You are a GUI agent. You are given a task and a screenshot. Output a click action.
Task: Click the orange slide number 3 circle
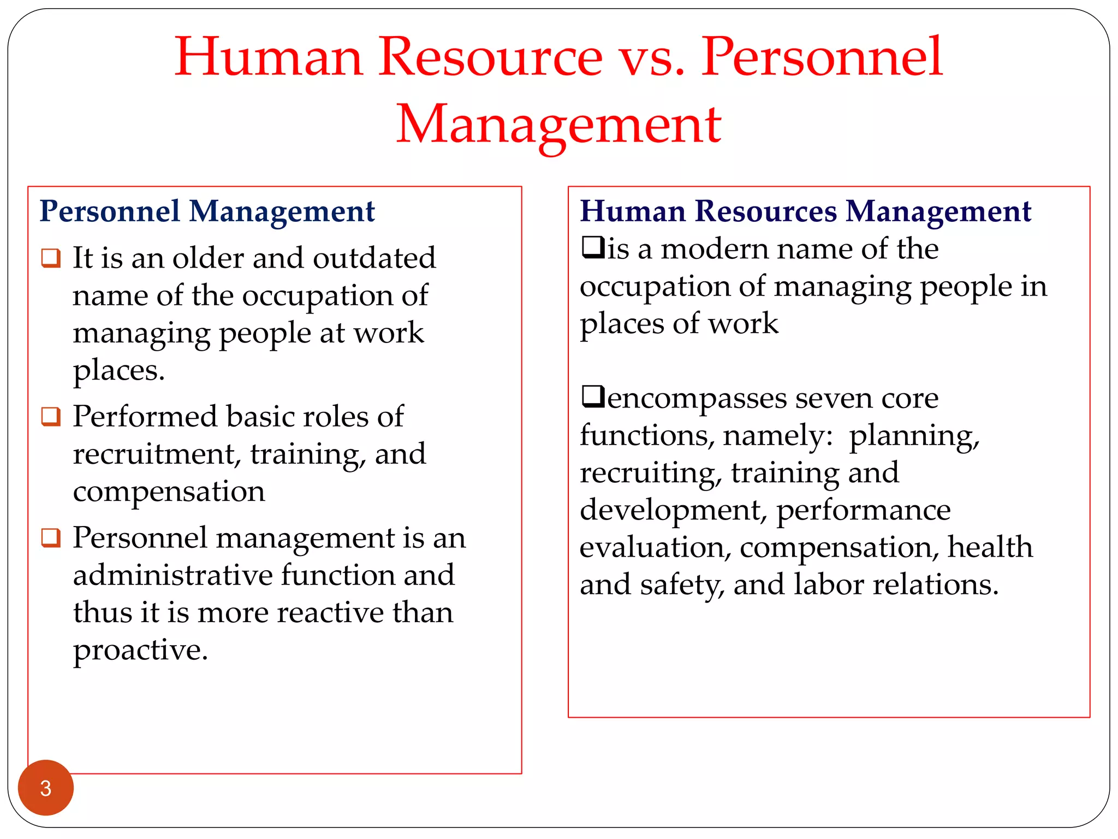(46, 788)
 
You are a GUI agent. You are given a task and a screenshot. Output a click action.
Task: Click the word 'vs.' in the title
(652, 57)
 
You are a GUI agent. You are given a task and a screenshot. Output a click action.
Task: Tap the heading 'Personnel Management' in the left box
(207, 211)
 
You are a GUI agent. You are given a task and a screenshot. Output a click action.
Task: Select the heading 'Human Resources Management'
(805, 211)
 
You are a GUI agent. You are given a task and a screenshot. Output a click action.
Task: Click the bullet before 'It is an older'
(51, 258)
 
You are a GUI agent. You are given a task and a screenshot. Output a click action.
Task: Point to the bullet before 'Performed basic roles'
(51, 417)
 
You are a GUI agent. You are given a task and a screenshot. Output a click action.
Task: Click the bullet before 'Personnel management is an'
(51, 538)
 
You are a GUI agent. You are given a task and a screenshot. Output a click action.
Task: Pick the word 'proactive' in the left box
(140, 651)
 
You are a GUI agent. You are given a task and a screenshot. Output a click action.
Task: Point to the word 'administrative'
(173, 575)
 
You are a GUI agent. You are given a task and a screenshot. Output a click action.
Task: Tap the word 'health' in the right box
(990, 547)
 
